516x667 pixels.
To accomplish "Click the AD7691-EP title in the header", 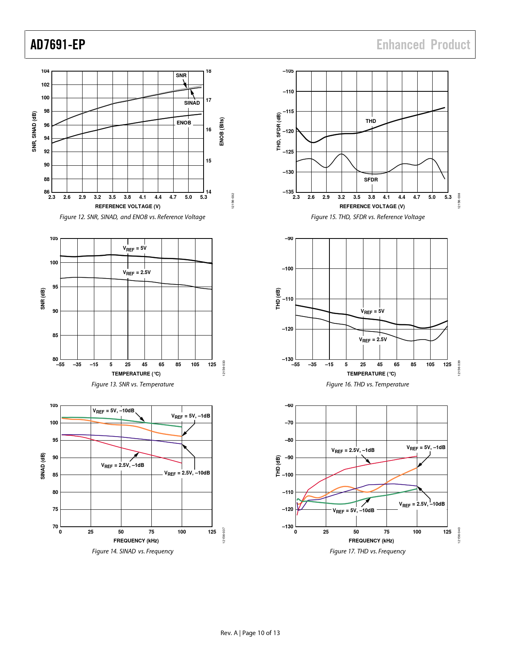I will point(58,44).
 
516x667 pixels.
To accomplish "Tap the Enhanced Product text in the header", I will point(423,44).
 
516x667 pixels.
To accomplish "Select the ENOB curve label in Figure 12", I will point(184,123).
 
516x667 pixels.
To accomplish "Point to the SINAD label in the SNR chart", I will point(192,103).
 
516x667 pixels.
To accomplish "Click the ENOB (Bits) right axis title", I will point(222,132).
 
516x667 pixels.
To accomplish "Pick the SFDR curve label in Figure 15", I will point(371,180).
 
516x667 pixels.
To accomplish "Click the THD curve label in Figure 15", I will point(371,121).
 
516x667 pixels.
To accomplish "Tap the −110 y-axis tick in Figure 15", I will point(288,92).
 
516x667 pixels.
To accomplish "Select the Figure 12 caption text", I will point(132,217).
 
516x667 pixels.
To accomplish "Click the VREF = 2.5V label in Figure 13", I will point(137,273).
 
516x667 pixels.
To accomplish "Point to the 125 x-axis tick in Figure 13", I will point(212,365).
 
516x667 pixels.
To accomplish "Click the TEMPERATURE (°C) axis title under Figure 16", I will point(371,374).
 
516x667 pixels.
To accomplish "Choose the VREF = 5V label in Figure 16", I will point(372,312).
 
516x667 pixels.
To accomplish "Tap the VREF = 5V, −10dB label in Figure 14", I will point(113,411).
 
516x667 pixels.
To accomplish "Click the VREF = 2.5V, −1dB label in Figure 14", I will point(123,466).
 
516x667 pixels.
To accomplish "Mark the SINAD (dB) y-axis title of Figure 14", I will point(43,466).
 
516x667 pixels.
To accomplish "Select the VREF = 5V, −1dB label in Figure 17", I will point(426,448).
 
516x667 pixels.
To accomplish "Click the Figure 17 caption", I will point(367,551).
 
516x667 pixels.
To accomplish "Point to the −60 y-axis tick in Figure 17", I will point(289,405).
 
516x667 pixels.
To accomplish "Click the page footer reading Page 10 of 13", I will point(261,633).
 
